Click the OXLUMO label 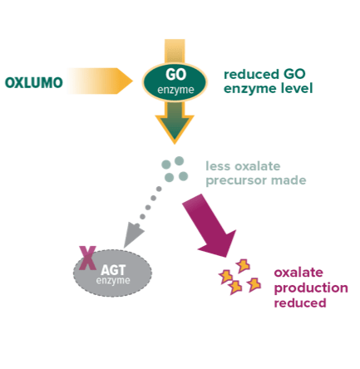coord(32,81)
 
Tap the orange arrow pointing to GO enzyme coord(98,81)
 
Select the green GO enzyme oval coord(175,81)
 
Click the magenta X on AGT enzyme coord(85,258)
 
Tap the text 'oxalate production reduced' coord(304,288)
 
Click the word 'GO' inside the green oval coord(175,73)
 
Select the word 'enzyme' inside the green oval coord(175,88)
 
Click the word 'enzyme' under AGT coord(113,280)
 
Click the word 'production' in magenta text coord(304,288)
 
